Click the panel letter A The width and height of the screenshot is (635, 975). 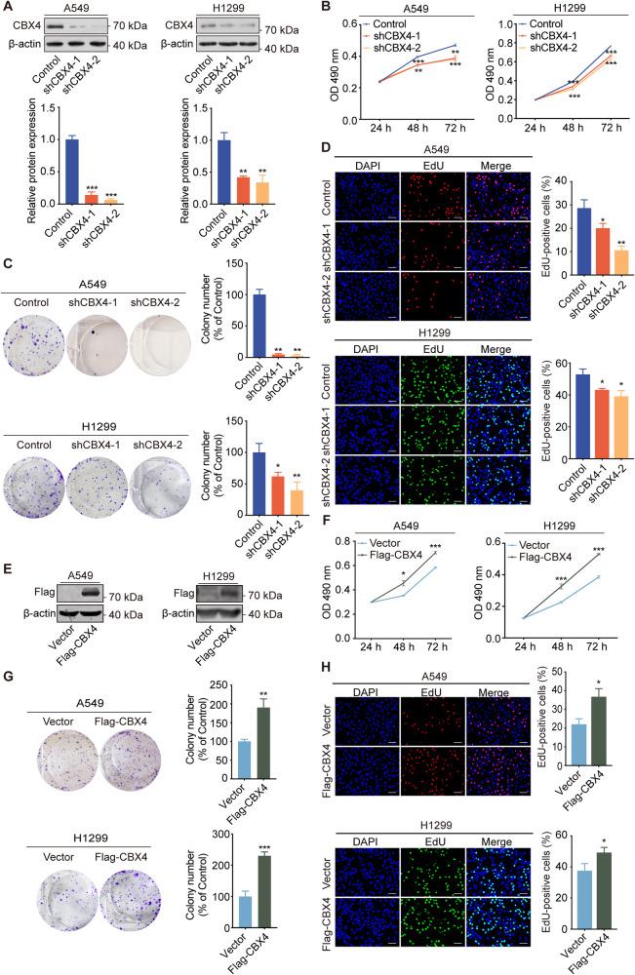[8, 8]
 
